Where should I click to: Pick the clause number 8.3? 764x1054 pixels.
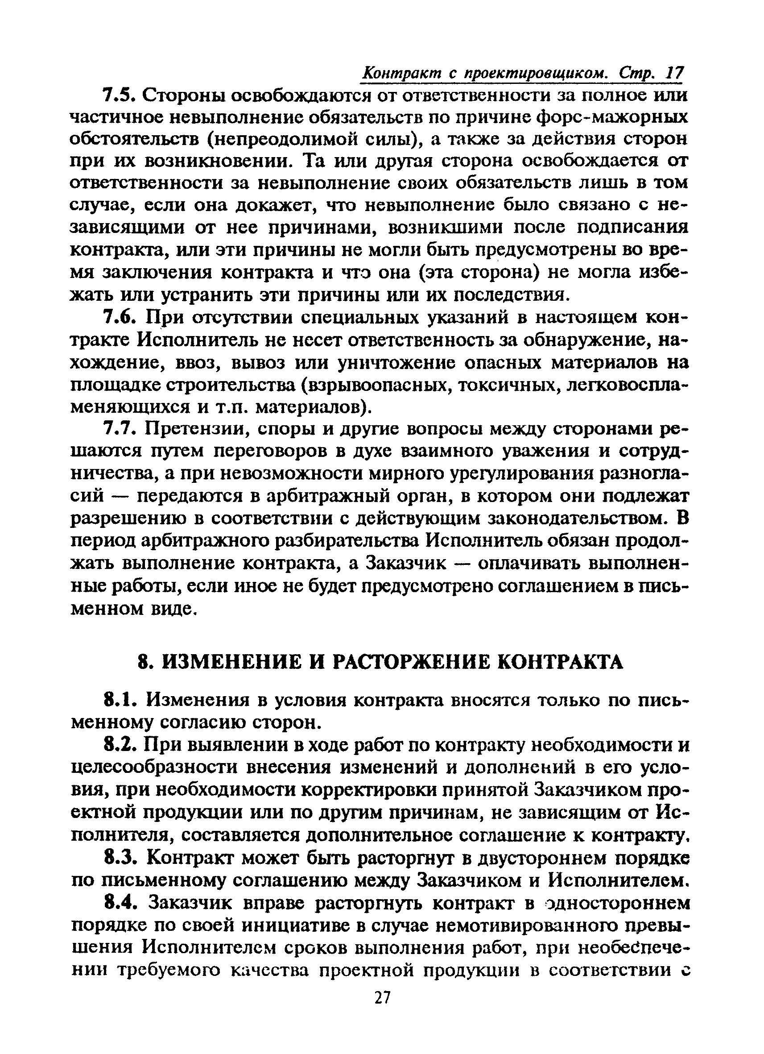[119, 858]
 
